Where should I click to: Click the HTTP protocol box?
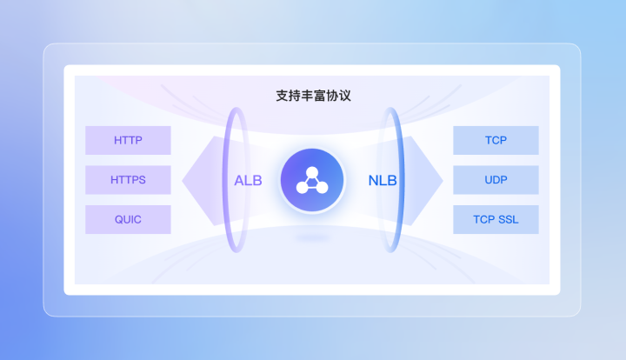tap(128, 140)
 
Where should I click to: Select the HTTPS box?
tap(128, 180)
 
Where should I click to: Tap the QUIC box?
tap(128, 219)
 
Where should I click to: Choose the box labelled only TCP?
tap(496, 140)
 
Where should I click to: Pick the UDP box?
tap(496, 180)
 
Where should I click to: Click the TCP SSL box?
tap(496, 219)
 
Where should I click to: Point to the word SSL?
tap(507, 219)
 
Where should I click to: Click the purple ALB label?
tap(248, 181)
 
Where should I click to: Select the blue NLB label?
tap(383, 181)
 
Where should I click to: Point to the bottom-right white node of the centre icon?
tap(323, 187)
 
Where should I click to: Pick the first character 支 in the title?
tap(282, 96)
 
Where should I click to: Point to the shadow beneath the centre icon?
tap(313, 236)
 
